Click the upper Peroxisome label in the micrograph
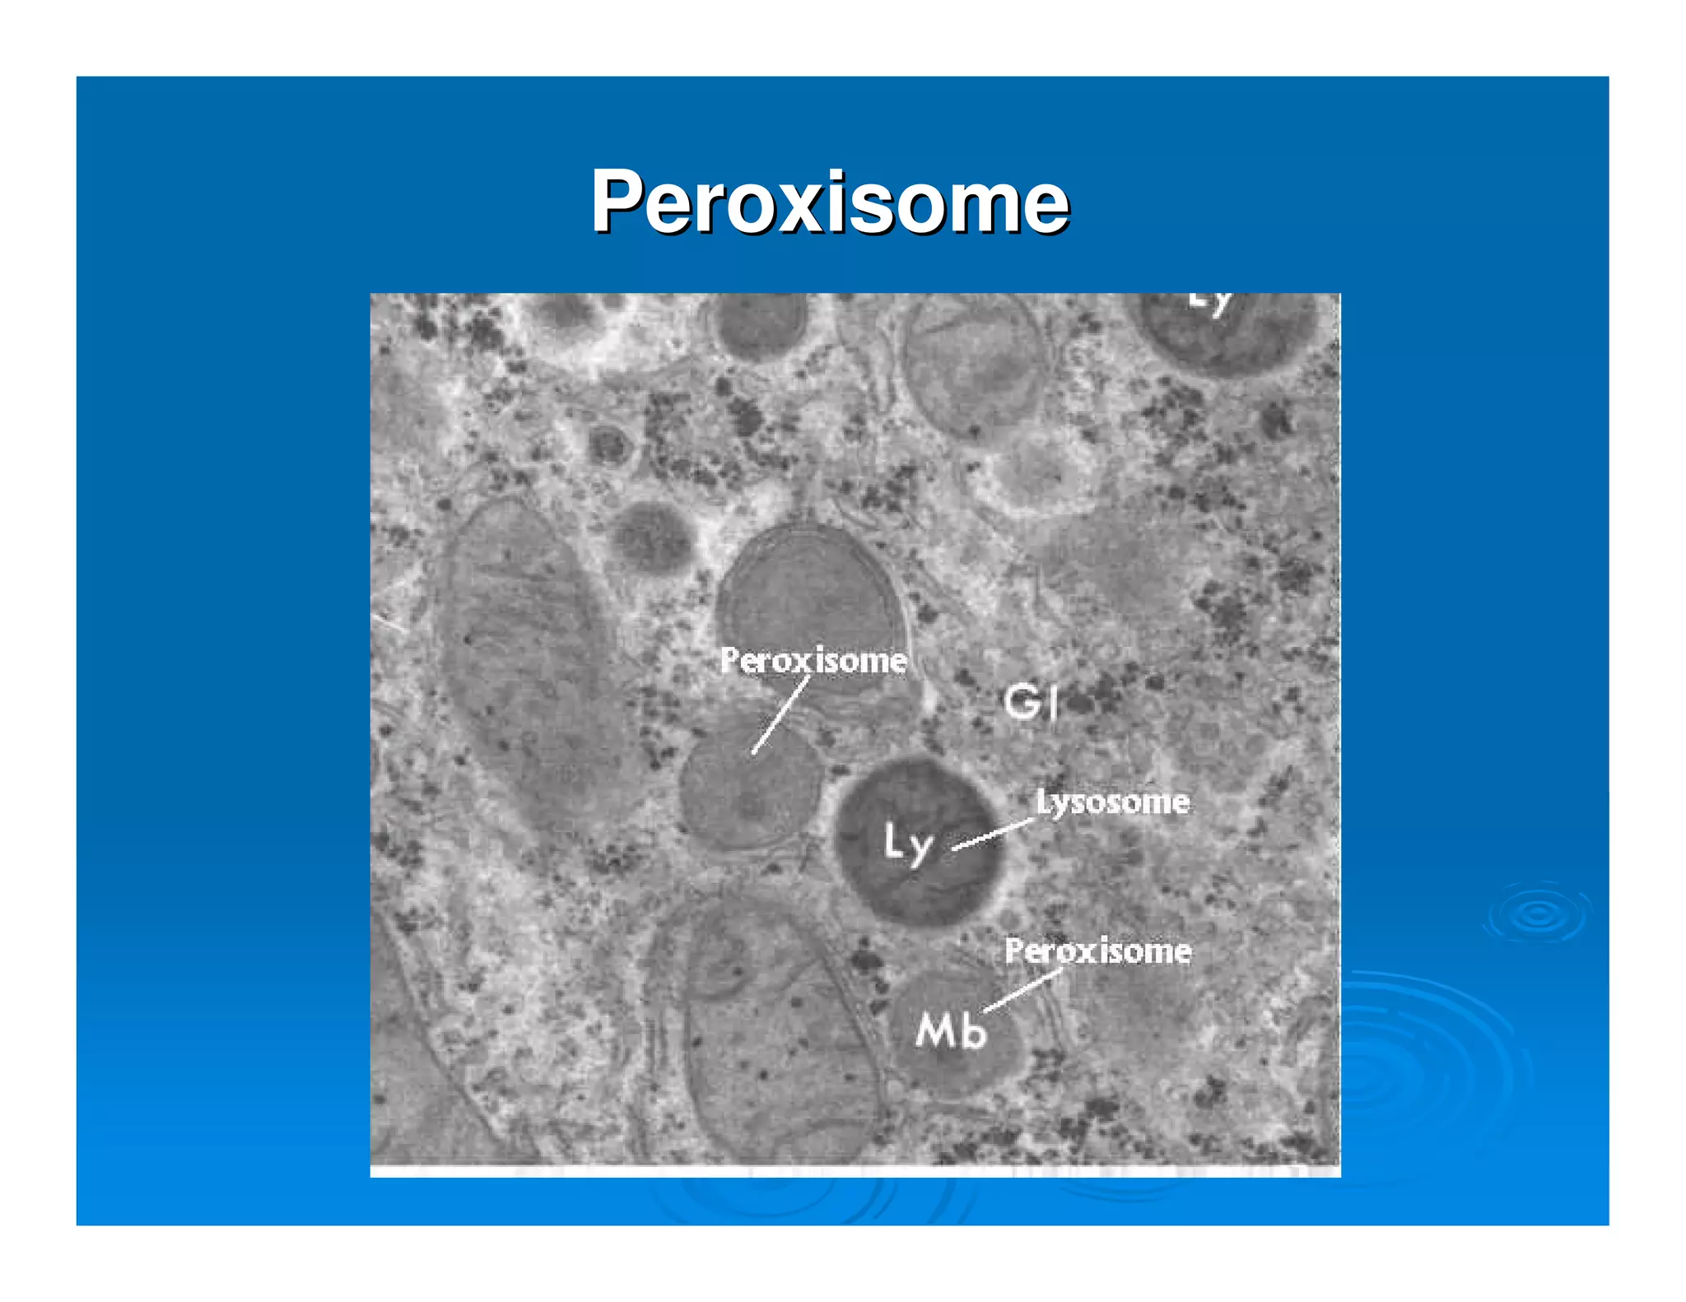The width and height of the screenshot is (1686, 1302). (x=813, y=661)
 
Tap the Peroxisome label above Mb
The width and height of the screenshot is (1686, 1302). (x=1097, y=951)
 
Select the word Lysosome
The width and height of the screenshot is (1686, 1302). (x=1112, y=802)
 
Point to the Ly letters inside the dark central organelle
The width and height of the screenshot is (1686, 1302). (x=908, y=843)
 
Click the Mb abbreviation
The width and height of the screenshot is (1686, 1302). (x=951, y=1030)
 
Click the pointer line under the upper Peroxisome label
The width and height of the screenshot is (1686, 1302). (x=780, y=714)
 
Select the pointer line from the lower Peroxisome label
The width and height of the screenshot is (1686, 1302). (x=1023, y=990)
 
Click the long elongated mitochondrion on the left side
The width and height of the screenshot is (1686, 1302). (x=527, y=667)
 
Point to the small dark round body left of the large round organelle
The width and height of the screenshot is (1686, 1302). (x=650, y=539)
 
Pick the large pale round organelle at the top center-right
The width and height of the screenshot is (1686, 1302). (x=971, y=366)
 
